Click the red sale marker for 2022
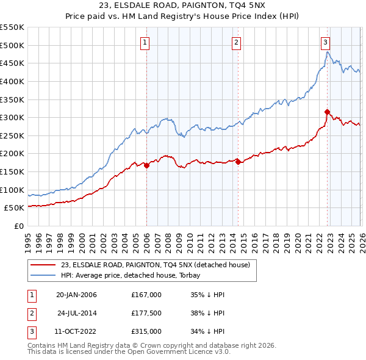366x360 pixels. click(x=327, y=112)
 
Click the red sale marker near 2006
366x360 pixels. click(x=146, y=165)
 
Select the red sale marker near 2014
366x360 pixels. click(x=238, y=162)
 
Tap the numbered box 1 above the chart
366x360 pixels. click(x=145, y=42)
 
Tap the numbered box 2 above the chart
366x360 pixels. click(x=236, y=42)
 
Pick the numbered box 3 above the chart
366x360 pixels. click(x=326, y=42)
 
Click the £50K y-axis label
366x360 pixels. click(x=15, y=208)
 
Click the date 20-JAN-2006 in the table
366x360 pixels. click(x=76, y=295)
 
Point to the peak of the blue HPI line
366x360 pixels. click(x=327, y=52)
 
